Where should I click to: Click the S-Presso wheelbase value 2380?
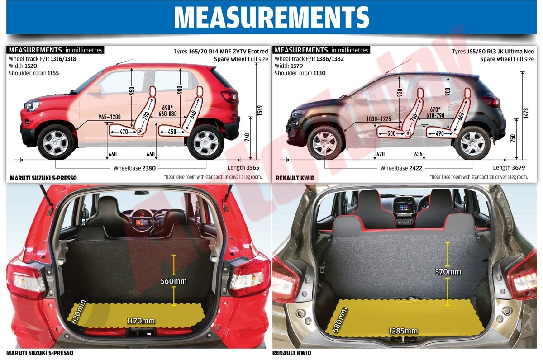pyautogui.click(x=149, y=168)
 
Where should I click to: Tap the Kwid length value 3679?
pyautogui.click(x=519, y=168)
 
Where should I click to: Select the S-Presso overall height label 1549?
pyautogui.click(x=260, y=110)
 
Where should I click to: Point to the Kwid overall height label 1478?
pyautogui.click(x=525, y=113)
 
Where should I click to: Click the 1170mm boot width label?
pyautogui.click(x=141, y=321)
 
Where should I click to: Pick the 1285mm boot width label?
pyautogui.click(x=403, y=331)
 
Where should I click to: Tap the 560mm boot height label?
pyautogui.click(x=174, y=281)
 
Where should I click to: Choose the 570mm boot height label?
pyautogui.click(x=448, y=272)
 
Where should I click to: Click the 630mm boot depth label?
pyautogui.click(x=79, y=312)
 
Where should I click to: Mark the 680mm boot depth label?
pyautogui.click(x=340, y=320)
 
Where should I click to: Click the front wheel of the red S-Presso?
pyautogui.click(x=56, y=143)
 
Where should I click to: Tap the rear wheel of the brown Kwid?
pyautogui.click(x=472, y=144)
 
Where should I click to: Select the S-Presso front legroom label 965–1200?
pyautogui.click(x=110, y=117)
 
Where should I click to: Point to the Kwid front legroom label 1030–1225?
pyautogui.click(x=379, y=119)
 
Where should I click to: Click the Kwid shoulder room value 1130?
pyautogui.click(x=319, y=73)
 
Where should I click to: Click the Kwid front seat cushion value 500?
pyautogui.click(x=391, y=133)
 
